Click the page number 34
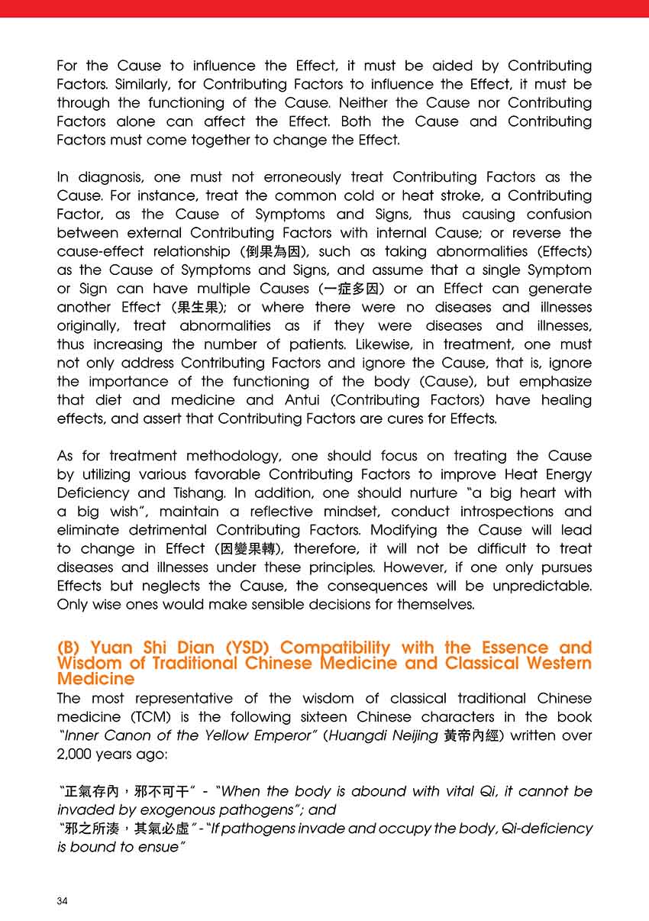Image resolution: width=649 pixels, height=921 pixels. point(63,901)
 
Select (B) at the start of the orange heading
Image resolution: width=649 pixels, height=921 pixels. point(70,648)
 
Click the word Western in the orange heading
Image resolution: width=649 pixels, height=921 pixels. point(550,663)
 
